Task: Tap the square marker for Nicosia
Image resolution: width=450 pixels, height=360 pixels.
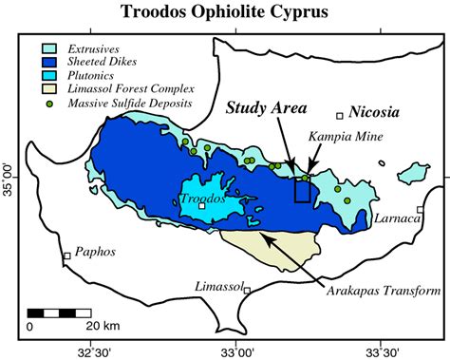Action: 340,116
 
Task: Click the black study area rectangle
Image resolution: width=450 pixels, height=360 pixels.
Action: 303,190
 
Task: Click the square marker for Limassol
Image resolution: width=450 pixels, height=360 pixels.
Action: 247,289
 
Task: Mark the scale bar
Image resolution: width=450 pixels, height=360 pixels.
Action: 59,312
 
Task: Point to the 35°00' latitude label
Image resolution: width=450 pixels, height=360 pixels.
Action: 9,177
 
